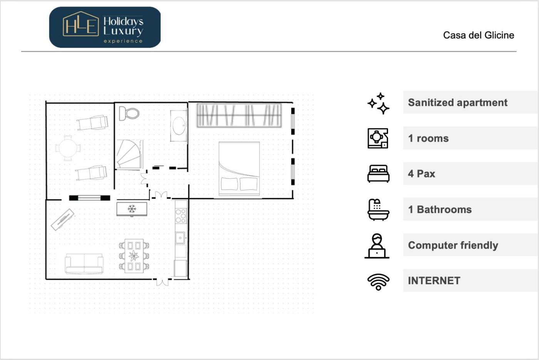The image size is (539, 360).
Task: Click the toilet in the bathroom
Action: [x=129, y=113]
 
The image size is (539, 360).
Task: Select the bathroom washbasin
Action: [x=179, y=126]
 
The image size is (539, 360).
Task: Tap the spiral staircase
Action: [x=129, y=154]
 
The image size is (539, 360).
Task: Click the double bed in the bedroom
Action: [x=239, y=169]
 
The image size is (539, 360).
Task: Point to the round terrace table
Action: [x=68, y=148]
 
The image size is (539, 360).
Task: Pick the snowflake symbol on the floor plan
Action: [x=132, y=209]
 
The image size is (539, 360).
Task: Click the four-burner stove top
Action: [x=181, y=216]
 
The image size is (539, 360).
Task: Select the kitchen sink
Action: [x=180, y=238]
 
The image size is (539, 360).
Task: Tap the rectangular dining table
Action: [x=134, y=256]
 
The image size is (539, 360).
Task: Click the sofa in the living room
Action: [x=84, y=264]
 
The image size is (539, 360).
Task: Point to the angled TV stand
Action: [x=62, y=219]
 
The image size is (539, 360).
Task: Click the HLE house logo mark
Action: [x=81, y=24]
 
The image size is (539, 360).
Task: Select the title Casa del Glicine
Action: [x=479, y=35]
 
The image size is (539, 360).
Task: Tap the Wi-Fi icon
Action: [x=378, y=282]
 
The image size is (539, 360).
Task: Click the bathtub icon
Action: [x=378, y=209]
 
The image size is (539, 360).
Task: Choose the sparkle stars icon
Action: [x=378, y=103]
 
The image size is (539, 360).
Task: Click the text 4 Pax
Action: [x=422, y=174]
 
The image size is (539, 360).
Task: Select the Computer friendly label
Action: [x=453, y=245]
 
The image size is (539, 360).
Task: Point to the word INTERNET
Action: [x=434, y=281]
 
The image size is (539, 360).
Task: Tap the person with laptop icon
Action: [x=377, y=246]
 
